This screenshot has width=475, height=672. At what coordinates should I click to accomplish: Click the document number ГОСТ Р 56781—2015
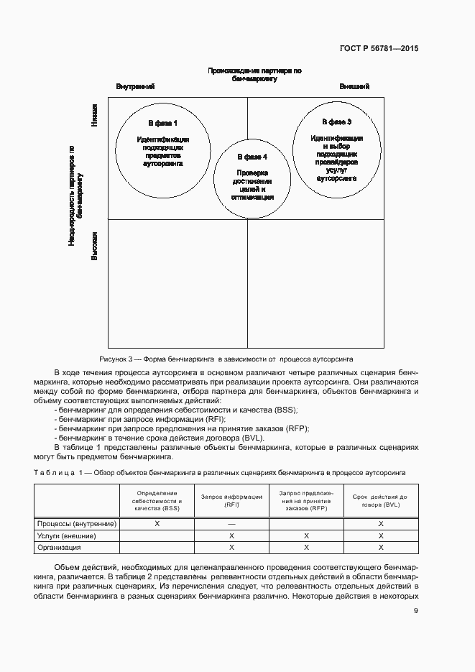(x=379, y=49)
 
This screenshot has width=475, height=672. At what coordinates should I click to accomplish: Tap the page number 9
(x=415, y=612)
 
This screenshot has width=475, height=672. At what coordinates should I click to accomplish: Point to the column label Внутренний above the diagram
(x=136, y=86)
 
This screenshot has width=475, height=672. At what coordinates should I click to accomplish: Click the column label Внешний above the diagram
(x=354, y=86)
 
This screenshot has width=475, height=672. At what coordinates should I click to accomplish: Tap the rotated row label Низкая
(x=94, y=115)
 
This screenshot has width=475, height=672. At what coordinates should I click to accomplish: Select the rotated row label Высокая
(x=94, y=245)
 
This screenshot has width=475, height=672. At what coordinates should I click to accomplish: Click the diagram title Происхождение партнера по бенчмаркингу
(x=254, y=75)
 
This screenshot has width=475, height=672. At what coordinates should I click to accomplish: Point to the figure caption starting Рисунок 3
(x=226, y=358)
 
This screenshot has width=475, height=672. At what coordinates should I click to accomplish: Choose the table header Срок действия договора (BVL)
(x=381, y=501)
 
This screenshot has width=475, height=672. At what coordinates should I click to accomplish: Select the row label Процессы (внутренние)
(x=77, y=524)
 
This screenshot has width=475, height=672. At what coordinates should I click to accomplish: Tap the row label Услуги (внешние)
(x=67, y=535)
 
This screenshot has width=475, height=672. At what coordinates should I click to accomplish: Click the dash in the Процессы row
(x=231, y=524)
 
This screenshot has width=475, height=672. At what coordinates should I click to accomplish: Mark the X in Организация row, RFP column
(x=306, y=548)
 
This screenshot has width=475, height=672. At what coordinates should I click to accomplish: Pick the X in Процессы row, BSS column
(x=157, y=524)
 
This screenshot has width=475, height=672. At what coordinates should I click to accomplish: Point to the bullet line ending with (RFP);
(x=183, y=428)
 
